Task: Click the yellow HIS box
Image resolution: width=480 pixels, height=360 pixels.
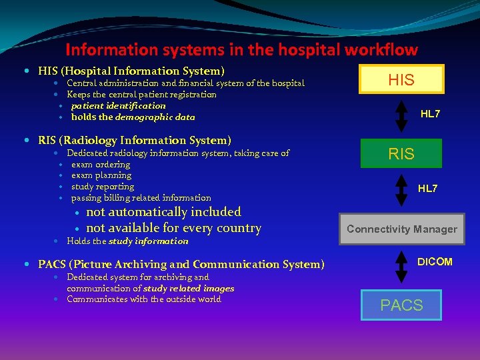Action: [x=401, y=79]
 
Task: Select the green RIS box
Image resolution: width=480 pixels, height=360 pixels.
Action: [x=401, y=153]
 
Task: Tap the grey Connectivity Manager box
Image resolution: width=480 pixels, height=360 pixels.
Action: [x=401, y=229]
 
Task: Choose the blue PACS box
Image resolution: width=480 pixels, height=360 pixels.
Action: [x=401, y=305]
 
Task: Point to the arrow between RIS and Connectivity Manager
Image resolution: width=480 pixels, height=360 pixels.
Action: [x=401, y=190]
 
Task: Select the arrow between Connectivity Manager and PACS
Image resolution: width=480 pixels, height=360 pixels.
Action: [x=401, y=267]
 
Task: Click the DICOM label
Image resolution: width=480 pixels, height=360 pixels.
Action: [x=435, y=262]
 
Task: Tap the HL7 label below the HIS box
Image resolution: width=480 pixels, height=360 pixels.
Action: [x=430, y=114]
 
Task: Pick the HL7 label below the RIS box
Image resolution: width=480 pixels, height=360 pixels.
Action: [x=428, y=189]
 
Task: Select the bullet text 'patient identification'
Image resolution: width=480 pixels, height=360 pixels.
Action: [x=118, y=105]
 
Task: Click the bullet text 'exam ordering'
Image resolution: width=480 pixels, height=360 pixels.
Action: [x=101, y=164]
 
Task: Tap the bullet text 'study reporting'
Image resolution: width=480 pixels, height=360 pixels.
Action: [x=103, y=187]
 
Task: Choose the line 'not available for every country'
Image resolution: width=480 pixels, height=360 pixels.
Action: [x=173, y=228]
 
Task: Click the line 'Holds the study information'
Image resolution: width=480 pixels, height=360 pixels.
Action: [x=127, y=241]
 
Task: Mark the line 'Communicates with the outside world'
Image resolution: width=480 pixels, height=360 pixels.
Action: [x=144, y=299]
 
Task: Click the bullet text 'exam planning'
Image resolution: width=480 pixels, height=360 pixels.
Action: [x=101, y=175]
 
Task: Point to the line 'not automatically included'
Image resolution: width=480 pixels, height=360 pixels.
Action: [x=163, y=212]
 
